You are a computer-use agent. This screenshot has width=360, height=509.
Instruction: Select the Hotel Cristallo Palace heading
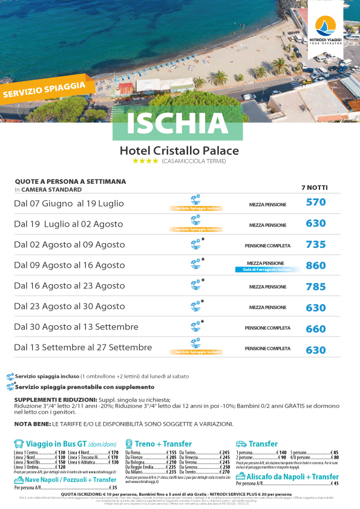[180, 151]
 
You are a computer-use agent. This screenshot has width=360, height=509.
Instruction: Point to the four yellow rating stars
[145, 161]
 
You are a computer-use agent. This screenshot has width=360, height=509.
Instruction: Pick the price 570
[316, 203]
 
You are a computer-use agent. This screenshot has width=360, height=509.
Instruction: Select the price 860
[316, 265]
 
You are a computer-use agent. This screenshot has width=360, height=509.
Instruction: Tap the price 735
[316, 245]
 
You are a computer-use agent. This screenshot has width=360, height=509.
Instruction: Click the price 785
[316, 287]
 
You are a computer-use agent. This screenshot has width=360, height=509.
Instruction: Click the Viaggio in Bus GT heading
[60, 444]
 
